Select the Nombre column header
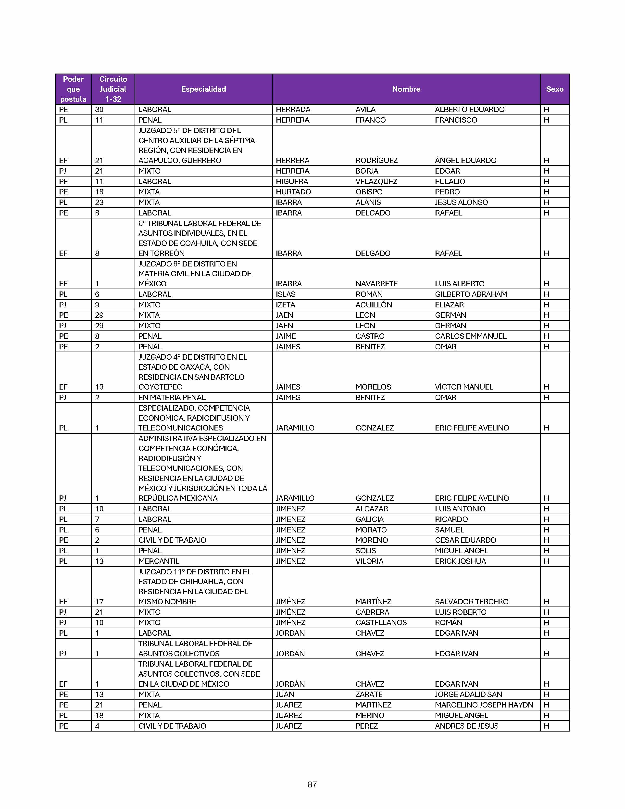[406, 89]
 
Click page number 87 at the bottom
[312, 784]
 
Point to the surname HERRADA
[293, 110]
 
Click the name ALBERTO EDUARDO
[470, 110]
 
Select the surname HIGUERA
[292, 181]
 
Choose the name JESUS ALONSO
[461, 202]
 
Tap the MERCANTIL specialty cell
[159, 561]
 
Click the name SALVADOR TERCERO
[471, 602]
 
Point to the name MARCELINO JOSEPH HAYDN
[484, 705]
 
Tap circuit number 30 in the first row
[99, 110]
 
